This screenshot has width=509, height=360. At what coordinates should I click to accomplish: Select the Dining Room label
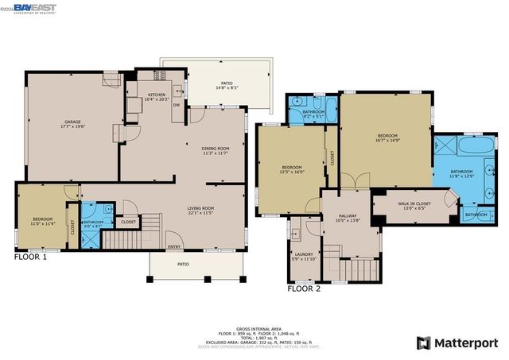click(x=216, y=149)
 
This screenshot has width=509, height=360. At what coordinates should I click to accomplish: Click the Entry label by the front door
click(x=175, y=246)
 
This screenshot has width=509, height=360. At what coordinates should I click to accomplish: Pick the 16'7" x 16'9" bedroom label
click(x=387, y=137)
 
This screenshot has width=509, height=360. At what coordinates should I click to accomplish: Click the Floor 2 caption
click(x=304, y=288)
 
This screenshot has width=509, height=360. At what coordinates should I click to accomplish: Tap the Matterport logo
click(x=457, y=343)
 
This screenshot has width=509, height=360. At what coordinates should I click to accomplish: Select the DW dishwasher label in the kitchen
click(x=177, y=103)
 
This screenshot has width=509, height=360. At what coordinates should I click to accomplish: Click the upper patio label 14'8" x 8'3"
click(x=227, y=85)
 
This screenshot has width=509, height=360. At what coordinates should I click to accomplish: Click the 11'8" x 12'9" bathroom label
click(x=461, y=173)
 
